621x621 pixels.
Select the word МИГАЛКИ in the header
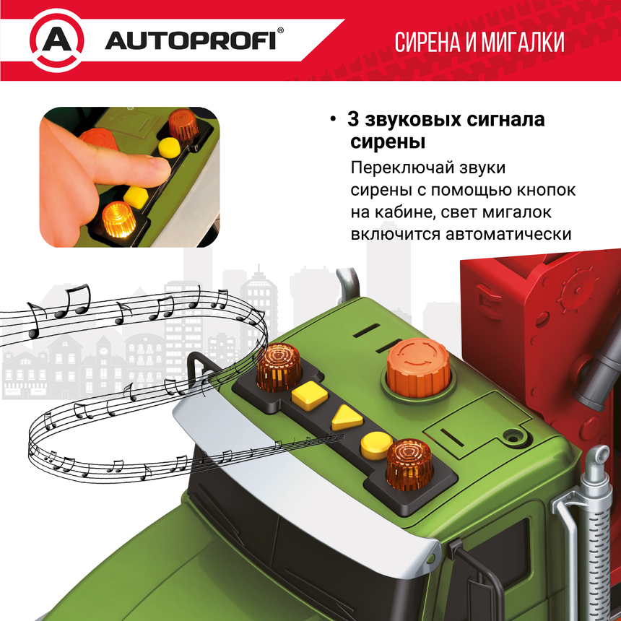[524, 42]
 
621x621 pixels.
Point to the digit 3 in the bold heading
[353, 119]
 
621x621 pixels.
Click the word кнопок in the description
[546, 191]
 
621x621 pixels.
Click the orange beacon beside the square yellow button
[279, 366]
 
